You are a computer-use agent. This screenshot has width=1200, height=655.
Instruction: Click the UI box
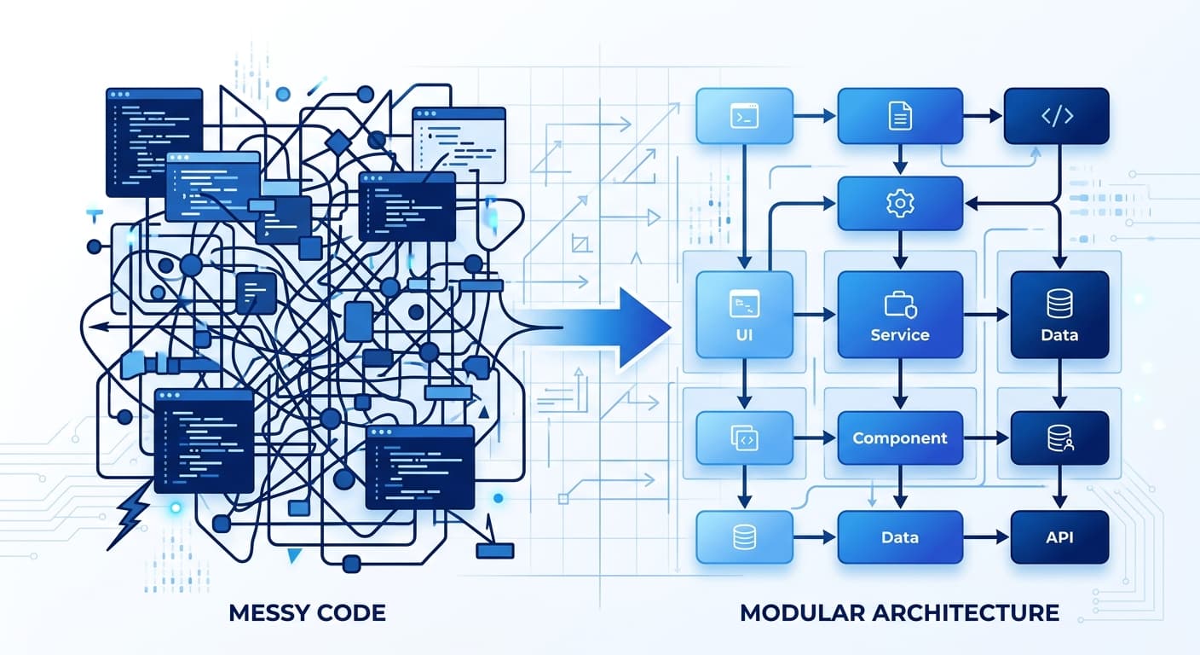pos(744,315)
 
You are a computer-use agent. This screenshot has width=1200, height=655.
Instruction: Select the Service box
pos(900,315)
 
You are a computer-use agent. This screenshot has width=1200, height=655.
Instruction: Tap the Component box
pos(900,438)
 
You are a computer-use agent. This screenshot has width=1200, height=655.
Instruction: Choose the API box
pos(1059,537)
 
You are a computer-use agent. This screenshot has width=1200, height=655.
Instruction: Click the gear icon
pos(900,203)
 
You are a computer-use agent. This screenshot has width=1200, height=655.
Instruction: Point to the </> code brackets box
pos(1057,115)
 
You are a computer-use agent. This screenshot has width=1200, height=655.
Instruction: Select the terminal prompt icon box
pos(744,115)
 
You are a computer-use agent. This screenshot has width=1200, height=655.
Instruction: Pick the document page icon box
pos(900,115)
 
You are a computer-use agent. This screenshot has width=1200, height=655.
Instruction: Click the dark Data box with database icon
pos(1059,315)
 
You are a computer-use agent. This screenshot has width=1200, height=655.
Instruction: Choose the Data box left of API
pos(900,537)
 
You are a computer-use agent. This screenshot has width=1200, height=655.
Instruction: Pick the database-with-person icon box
pos(1059,438)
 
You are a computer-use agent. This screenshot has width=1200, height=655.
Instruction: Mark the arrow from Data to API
pos(986,538)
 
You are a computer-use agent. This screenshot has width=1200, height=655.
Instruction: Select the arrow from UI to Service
pos(815,316)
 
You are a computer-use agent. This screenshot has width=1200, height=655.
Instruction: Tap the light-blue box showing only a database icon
pos(744,537)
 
